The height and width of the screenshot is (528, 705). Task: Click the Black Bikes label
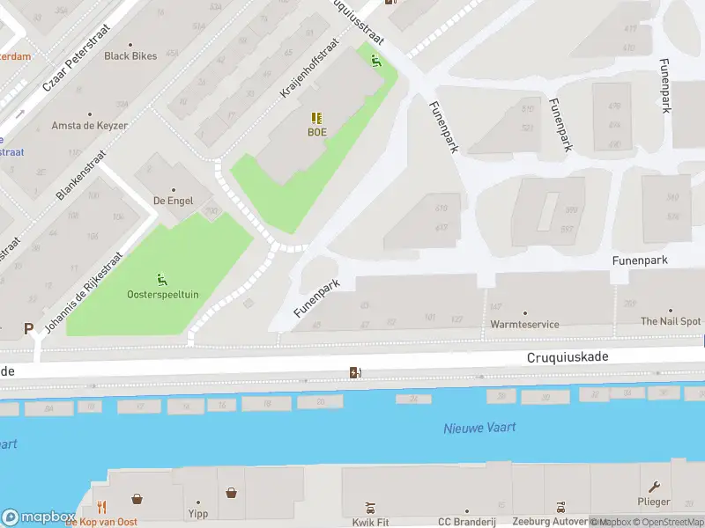click(x=130, y=56)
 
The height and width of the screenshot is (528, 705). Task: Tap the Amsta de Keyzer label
click(x=89, y=126)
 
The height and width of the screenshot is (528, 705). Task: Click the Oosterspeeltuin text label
click(x=162, y=294)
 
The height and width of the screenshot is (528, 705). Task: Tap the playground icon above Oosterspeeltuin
click(x=162, y=279)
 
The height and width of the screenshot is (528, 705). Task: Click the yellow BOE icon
click(x=316, y=118)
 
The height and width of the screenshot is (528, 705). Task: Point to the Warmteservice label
click(x=524, y=324)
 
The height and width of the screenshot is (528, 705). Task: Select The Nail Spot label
click(x=671, y=322)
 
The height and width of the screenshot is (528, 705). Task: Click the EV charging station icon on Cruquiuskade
click(x=355, y=373)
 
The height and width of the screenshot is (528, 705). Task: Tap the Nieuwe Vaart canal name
click(x=479, y=428)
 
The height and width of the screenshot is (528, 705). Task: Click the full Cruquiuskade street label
click(x=568, y=357)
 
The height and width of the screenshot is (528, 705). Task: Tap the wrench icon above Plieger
click(x=654, y=487)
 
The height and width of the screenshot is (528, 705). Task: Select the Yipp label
click(x=197, y=513)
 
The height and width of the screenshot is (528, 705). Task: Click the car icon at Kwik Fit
click(x=371, y=508)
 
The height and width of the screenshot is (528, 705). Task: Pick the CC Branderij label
click(x=467, y=522)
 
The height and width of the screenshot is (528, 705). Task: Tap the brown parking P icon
click(x=28, y=328)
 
